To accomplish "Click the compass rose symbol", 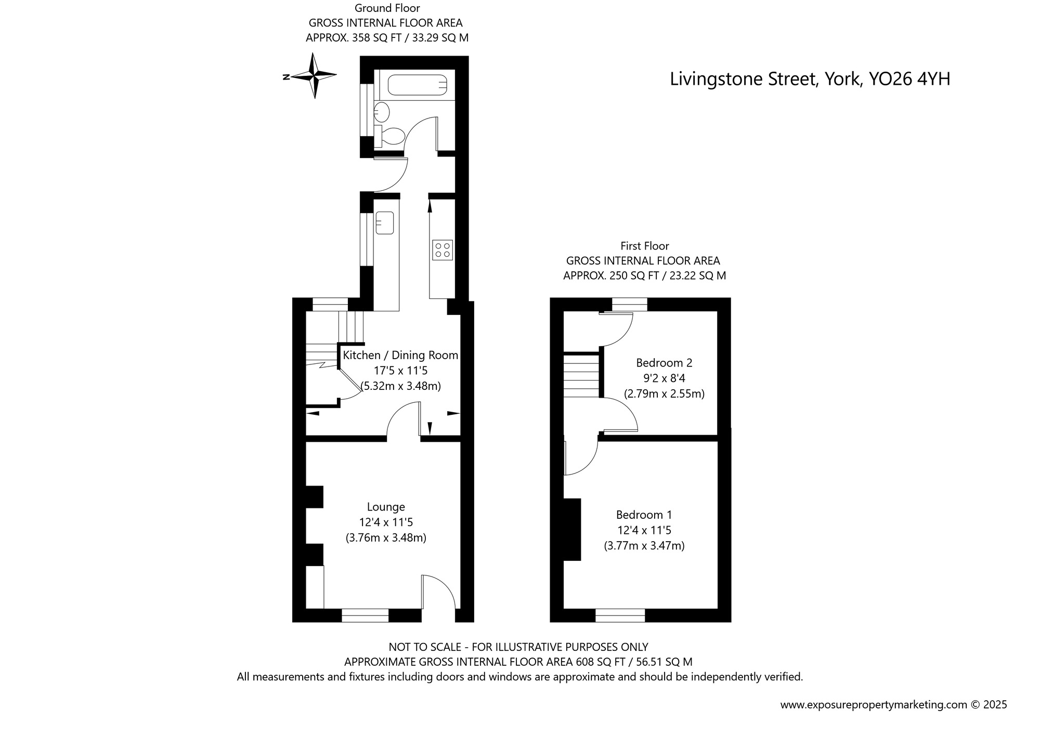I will tap(314, 76).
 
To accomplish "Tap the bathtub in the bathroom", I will tap(417, 85).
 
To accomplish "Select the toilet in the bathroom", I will tap(392, 136).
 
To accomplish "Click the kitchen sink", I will tap(385, 222).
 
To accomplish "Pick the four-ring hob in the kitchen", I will tap(443, 250).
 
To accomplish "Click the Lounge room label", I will tap(386, 507).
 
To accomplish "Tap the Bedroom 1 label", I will tap(644, 515).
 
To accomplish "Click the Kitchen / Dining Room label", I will tap(400, 356).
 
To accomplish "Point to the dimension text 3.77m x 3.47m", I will tap(644, 546).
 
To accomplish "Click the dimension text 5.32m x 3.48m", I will tap(401, 386).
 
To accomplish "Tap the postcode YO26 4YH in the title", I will tap(910, 79).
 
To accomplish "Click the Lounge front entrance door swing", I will tap(439, 593).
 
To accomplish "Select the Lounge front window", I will tap(365, 615).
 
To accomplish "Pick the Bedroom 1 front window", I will tap(620, 615).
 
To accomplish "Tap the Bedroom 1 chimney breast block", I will tap(572, 529).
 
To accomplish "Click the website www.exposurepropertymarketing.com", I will tap(874, 705).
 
